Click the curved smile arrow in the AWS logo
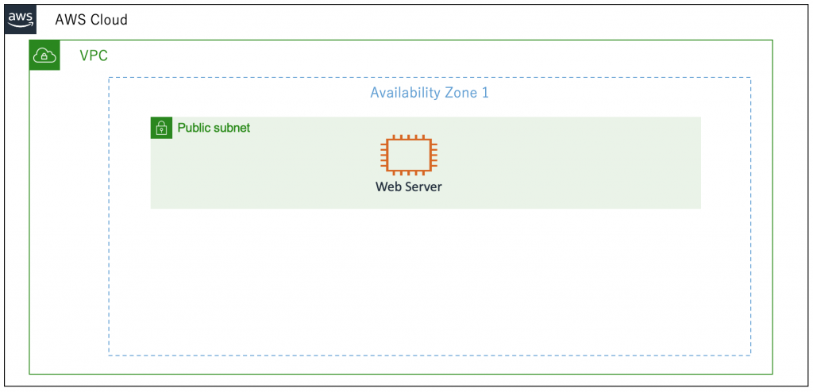click(x=21, y=25)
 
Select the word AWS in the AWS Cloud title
click(x=70, y=20)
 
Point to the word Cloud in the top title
click(x=108, y=20)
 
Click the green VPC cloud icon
click(x=44, y=55)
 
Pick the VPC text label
click(x=94, y=56)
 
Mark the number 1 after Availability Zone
click(x=485, y=94)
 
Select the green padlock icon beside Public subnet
click(x=161, y=128)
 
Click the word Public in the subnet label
click(x=192, y=128)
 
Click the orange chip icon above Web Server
click(x=409, y=154)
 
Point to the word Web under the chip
click(x=387, y=186)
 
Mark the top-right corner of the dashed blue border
click(x=750, y=78)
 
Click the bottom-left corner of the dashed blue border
click(x=109, y=355)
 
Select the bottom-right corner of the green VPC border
click(x=773, y=373)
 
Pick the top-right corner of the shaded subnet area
click(x=701, y=117)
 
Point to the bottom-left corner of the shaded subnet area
click(x=151, y=209)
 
